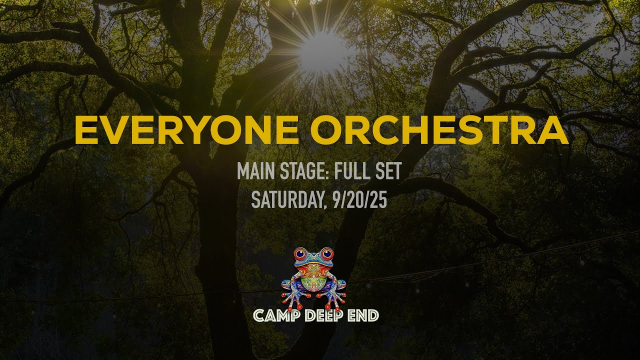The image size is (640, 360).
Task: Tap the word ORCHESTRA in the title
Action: [x=439, y=129]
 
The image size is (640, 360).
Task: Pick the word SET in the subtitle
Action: [x=388, y=171]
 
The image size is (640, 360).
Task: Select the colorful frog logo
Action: [x=314, y=277]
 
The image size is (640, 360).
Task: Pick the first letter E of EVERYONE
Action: [x=86, y=129]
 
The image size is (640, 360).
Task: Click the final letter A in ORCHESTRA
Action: [x=553, y=129]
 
